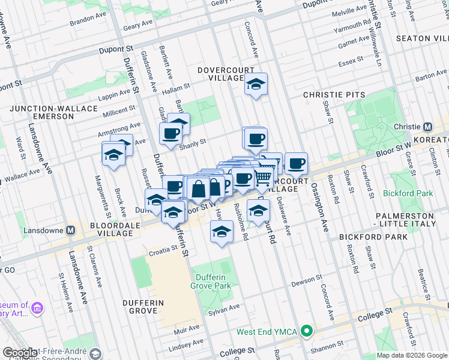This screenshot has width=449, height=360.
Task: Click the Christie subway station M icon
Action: pos(427,127)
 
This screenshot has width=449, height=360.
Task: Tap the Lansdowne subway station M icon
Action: pos(70,230)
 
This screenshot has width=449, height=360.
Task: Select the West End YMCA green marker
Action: pos(307,331)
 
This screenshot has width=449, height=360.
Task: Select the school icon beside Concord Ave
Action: pos(256,86)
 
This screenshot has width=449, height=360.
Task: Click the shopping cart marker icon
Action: pos(263,178)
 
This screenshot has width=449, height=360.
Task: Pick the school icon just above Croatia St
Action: pos(221,231)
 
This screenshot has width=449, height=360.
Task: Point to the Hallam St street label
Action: pos(176,89)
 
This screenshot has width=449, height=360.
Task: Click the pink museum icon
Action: pos(38,308)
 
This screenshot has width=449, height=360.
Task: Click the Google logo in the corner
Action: pos(20,353)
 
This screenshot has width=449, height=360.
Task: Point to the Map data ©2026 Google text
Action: pos(411,355)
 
